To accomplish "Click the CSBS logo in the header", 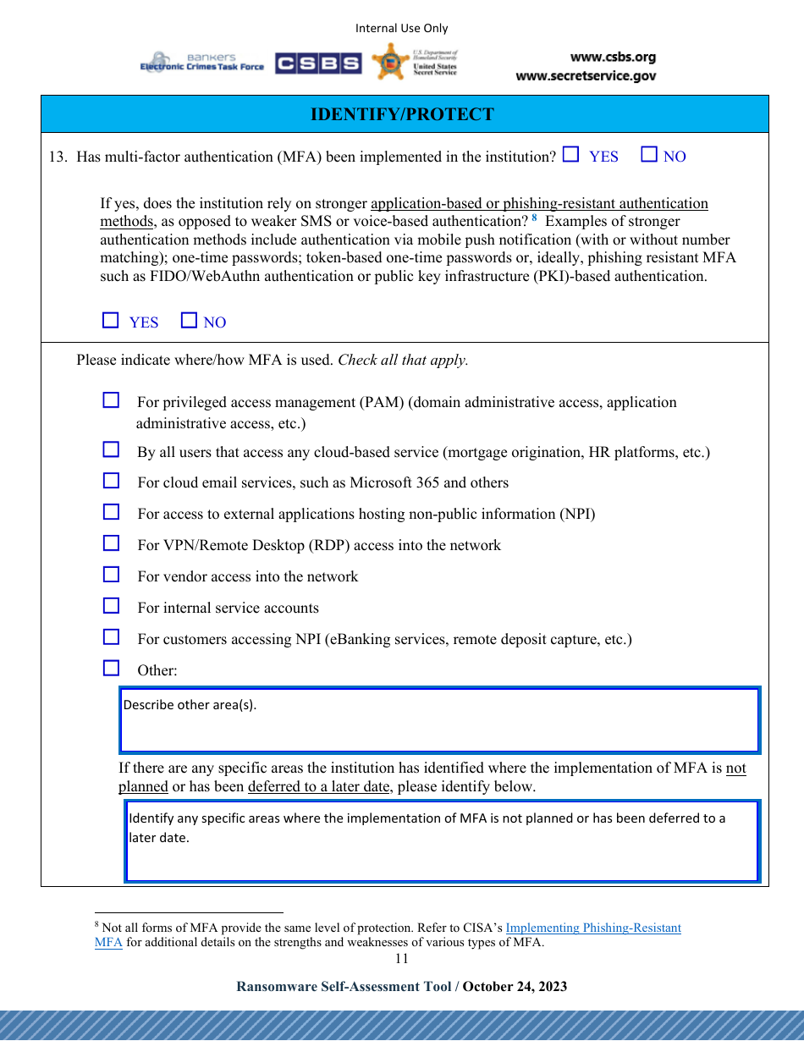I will (x=318, y=63).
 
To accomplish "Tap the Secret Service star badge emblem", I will (x=390, y=63).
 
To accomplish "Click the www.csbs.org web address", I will (x=613, y=58).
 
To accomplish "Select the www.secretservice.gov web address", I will (x=586, y=76).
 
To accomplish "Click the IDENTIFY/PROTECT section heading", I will (x=402, y=114).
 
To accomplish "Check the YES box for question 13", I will (x=571, y=155).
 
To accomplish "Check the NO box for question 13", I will (x=649, y=155).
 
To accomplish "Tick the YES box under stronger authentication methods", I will (x=111, y=321).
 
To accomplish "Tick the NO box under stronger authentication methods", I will (x=190, y=321).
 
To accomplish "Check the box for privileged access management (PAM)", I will (x=111, y=400).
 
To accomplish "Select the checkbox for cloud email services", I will (x=111, y=481).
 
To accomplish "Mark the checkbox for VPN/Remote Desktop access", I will (x=111, y=543).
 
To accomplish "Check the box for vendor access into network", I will (x=111, y=575).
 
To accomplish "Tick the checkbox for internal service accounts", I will (x=111, y=606).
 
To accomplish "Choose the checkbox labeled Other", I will (x=111, y=669).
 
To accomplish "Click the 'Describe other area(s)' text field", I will (x=439, y=720).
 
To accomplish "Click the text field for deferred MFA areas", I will (x=442, y=841).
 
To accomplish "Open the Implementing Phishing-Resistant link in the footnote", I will (x=592, y=928).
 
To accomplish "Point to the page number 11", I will (x=401, y=959).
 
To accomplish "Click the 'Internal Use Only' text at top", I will (x=401, y=29).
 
